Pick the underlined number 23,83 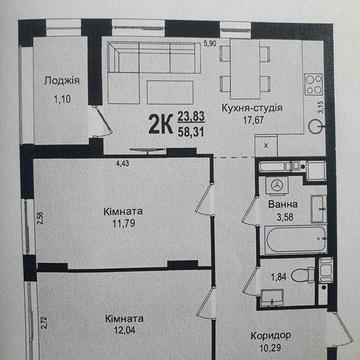[x=187, y=117]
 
